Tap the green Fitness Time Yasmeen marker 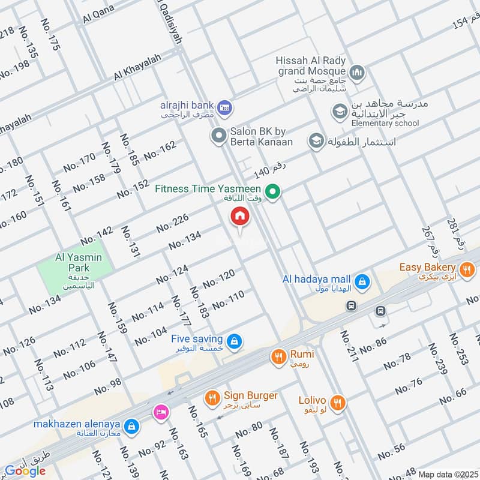pos(274,192)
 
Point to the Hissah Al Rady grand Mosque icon pos(358,73)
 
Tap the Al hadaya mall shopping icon pos(361,281)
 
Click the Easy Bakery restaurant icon pos(466,268)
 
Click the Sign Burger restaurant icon pos(212,397)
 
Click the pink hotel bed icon pos(160,412)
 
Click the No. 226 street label pos(173,223)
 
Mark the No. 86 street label pos(373,343)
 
